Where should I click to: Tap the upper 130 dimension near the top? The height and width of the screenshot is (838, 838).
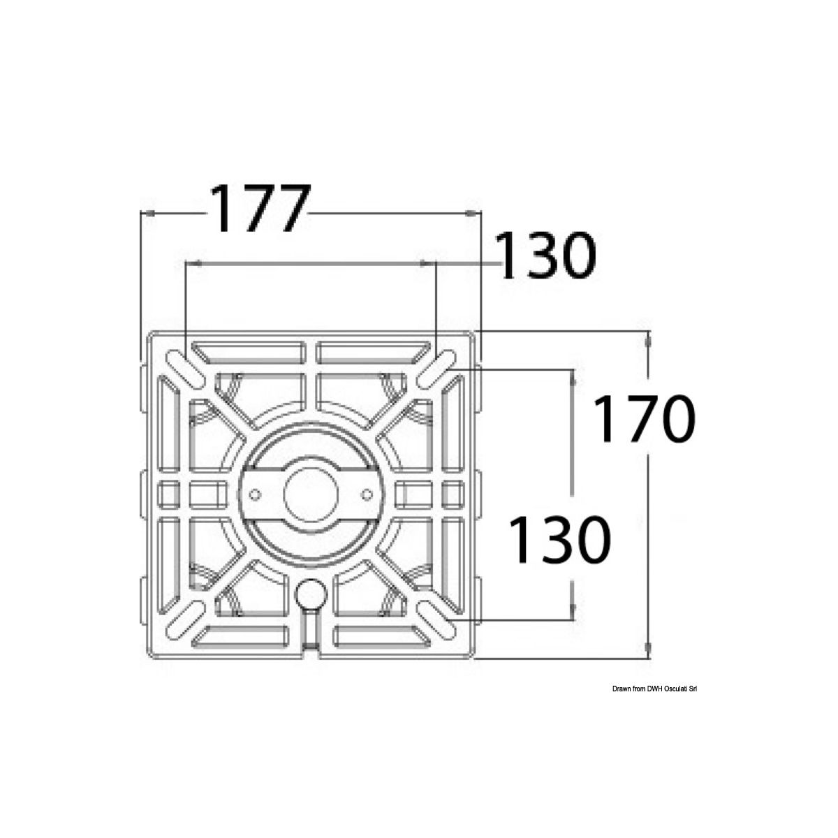click(x=547, y=256)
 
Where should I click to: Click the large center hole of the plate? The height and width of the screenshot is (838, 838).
click(x=311, y=494)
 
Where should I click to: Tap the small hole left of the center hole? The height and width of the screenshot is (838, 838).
click(x=255, y=494)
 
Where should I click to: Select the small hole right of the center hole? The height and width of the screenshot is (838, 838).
click(x=367, y=494)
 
